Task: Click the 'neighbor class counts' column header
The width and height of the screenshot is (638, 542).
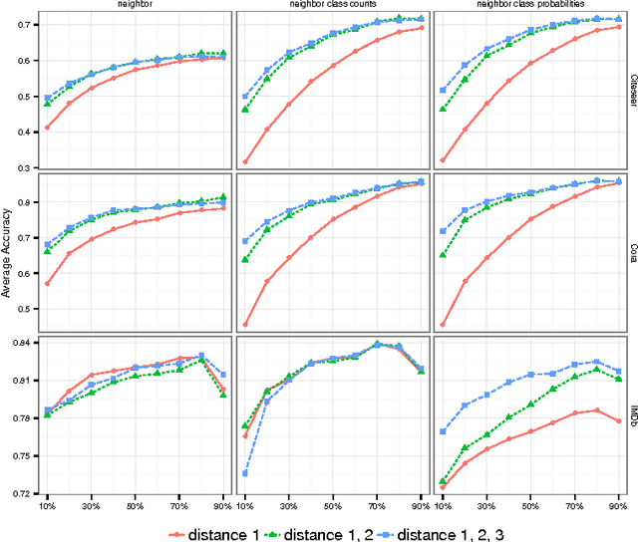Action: (x=332, y=6)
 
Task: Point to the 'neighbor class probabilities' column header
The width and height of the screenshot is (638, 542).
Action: (x=527, y=6)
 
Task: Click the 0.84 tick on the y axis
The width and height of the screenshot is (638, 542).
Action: (x=20, y=343)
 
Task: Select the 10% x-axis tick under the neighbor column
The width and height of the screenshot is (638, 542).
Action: (x=47, y=504)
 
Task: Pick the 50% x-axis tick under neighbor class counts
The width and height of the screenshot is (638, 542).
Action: (x=332, y=504)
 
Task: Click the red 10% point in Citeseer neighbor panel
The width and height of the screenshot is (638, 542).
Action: (x=47, y=128)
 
